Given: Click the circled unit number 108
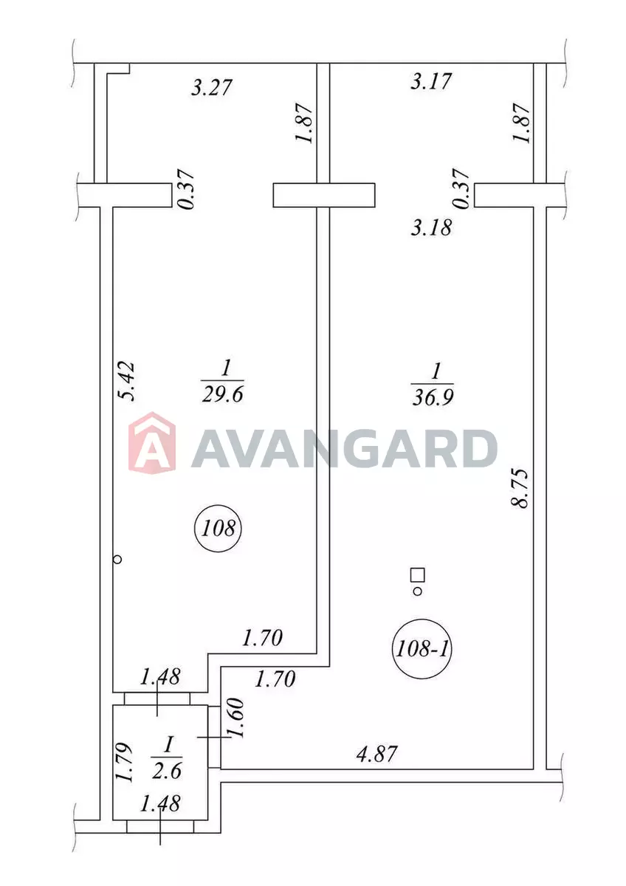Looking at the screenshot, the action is pos(218,529).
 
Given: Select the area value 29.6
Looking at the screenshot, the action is pos(222,395).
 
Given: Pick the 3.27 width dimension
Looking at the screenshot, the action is pos(211,87).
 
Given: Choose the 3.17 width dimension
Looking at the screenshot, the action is pos(431,81).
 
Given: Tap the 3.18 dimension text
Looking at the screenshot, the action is pos(431,228).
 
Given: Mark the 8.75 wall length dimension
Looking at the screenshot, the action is pos(519,489).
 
